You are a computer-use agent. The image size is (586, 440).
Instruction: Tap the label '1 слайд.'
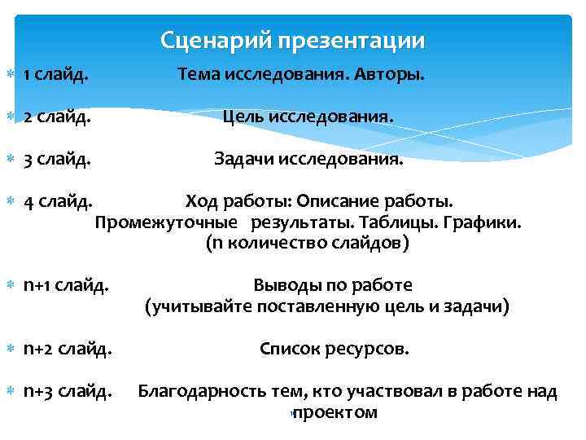pyautogui.click(x=56, y=76)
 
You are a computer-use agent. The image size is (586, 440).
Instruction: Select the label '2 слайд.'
pyautogui.click(x=57, y=118)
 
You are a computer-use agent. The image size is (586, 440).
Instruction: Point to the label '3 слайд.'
pyautogui.click(x=57, y=159)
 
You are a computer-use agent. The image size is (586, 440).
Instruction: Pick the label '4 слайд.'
pyautogui.click(x=57, y=200)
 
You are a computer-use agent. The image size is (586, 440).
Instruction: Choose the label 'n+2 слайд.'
pyautogui.click(x=68, y=350)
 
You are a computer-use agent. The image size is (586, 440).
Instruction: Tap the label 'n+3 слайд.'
pyautogui.click(x=68, y=392)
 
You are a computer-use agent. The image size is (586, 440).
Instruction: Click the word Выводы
pyautogui.click(x=286, y=286)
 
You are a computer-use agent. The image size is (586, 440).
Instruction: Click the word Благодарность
pyautogui.click(x=202, y=392)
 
